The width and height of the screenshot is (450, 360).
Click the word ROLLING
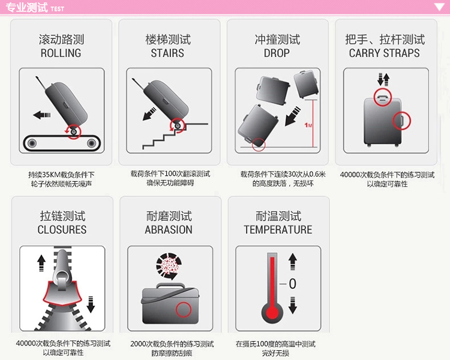click(x=61, y=53)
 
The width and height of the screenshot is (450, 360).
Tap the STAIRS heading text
click(x=167, y=53)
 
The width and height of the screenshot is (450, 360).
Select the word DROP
click(x=277, y=53)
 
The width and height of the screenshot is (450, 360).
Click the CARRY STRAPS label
click(x=384, y=53)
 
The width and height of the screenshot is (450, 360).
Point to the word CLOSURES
click(x=62, y=230)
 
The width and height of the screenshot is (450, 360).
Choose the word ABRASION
click(x=169, y=230)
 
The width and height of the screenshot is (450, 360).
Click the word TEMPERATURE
click(x=278, y=230)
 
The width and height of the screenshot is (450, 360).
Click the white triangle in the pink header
click(x=439, y=7)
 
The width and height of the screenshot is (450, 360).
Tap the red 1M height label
click(x=308, y=125)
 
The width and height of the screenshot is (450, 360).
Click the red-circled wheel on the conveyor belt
click(x=74, y=132)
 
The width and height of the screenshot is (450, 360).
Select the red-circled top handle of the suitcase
click(x=383, y=97)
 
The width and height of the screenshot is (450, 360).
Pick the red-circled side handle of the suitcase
click(x=402, y=121)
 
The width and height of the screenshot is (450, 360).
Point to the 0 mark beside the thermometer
click(x=292, y=284)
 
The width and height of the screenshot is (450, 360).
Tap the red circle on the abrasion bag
click(x=184, y=310)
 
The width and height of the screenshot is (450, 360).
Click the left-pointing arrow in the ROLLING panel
click(x=42, y=115)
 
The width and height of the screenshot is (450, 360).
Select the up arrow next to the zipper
click(x=41, y=263)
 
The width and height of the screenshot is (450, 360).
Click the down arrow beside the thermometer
click(x=292, y=305)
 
